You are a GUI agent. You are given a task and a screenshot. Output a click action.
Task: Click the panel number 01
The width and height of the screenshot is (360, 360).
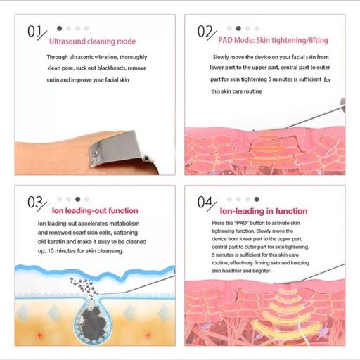click(x=34, y=32)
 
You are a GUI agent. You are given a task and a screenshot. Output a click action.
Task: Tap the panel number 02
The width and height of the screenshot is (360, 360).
click(x=205, y=32)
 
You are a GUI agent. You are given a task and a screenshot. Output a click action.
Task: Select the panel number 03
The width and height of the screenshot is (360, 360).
click(x=35, y=202)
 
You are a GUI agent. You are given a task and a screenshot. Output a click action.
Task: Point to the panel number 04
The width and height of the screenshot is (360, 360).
click(x=205, y=202)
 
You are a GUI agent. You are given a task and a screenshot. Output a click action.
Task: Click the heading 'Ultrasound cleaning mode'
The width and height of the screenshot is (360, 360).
click(x=92, y=41)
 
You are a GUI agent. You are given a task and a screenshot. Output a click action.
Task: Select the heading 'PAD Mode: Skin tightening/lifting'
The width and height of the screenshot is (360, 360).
click(x=273, y=40)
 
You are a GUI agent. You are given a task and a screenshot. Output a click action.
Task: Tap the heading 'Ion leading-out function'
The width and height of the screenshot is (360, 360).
click(x=95, y=210)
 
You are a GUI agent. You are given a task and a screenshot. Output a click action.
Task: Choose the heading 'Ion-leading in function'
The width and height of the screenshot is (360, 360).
click(x=264, y=211)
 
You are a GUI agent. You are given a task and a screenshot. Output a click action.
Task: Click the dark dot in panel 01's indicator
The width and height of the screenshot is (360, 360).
click(x=60, y=28)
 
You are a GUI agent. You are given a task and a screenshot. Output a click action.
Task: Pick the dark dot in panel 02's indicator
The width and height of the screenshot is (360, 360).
click(x=238, y=28)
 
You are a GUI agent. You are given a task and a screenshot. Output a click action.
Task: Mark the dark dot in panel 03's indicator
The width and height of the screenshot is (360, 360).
click(x=78, y=199)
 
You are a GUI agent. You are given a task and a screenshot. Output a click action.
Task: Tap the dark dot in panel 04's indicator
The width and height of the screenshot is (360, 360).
click(x=257, y=199)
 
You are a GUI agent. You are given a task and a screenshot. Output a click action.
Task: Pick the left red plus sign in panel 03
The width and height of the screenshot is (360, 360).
click(x=40, y=335)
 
